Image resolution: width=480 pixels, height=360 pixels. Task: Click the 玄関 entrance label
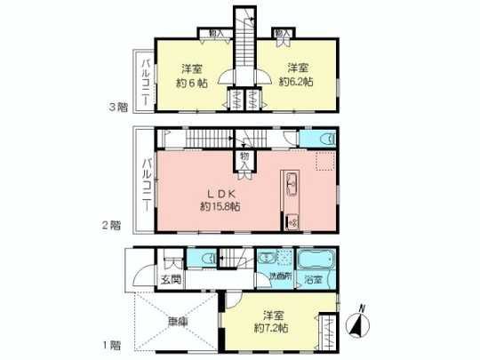click(172, 281)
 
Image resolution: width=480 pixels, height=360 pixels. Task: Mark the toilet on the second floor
click(323, 140)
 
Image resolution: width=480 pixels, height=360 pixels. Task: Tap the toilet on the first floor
click(205, 258)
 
